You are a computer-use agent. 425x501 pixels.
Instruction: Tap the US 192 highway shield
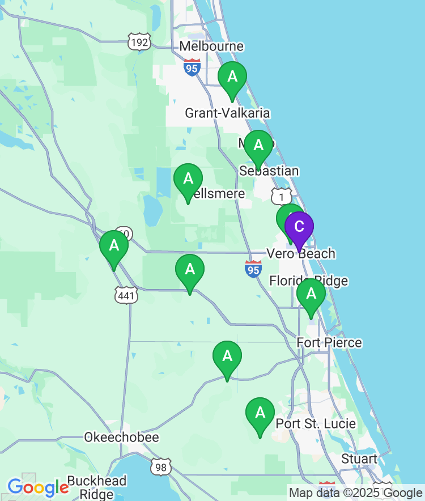coord(139,43)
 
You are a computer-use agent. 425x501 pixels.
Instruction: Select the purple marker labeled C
coord(299,227)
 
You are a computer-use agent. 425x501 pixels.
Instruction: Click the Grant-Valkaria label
coord(227,113)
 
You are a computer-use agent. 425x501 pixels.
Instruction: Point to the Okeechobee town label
coord(121,437)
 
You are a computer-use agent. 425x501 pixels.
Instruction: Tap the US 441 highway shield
coord(126,294)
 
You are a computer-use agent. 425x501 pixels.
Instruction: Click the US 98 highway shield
coord(161,466)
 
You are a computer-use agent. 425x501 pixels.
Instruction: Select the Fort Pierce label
coord(329,342)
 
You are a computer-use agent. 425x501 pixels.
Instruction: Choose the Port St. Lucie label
coord(316,424)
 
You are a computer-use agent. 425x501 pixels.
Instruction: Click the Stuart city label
coord(359,458)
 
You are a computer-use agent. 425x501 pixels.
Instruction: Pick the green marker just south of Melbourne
coord(232,78)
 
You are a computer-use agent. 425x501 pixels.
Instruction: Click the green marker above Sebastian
coord(258,147)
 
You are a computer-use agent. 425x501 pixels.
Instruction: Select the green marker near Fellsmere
coord(188,180)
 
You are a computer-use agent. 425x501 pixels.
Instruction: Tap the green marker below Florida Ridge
coord(311,295)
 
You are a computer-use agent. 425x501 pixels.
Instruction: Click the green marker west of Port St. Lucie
coord(260,414)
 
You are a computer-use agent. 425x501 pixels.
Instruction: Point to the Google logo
coord(37,487)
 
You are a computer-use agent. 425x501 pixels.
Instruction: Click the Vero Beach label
coord(301,254)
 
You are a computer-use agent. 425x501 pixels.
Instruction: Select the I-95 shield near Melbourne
coord(192,67)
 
